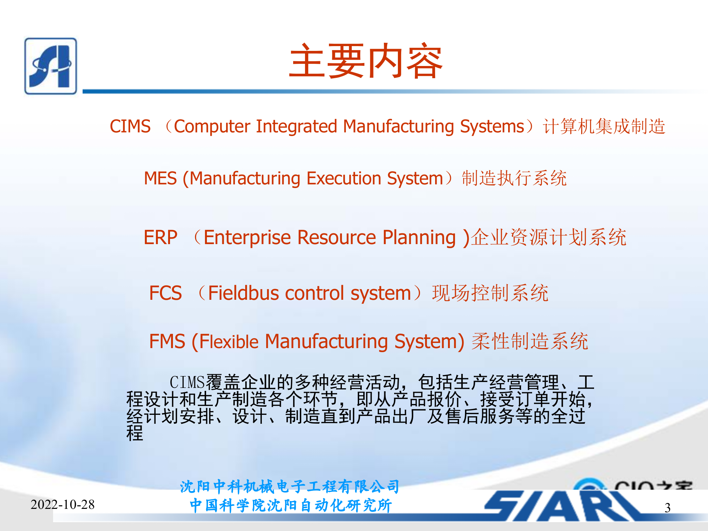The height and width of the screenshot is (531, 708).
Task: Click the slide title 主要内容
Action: [366, 61]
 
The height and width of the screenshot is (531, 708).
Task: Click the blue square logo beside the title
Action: [51, 66]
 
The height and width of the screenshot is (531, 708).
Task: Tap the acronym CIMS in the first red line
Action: [130, 126]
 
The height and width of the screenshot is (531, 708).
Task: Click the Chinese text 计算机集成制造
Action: [604, 126]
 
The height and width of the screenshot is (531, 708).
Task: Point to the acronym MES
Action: [160, 178]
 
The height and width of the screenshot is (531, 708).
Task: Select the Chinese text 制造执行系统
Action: [514, 178]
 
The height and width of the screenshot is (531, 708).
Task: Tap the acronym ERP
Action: [160, 237]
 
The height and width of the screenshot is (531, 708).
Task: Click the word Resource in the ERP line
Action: [336, 237]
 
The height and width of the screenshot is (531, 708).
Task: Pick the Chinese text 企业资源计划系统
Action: [549, 237]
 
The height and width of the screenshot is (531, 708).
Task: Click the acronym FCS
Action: [165, 293]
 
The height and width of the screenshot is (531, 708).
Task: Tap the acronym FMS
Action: [167, 341]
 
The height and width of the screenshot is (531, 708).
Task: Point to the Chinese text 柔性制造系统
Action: [530, 341]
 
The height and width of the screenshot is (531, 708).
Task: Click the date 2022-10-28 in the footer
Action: [63, 504]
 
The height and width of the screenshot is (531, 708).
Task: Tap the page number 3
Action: [667, 508]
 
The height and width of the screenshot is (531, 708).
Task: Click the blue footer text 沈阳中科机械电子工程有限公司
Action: [290, 487]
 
